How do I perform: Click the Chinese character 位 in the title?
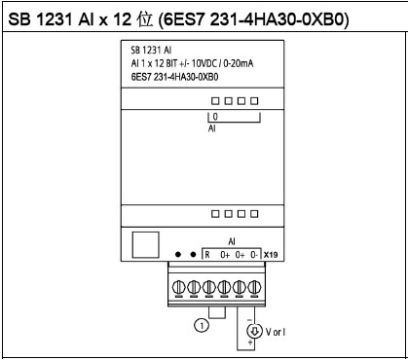point(144,19)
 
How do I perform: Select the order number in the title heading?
point(253,19)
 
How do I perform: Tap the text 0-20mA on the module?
point(239,63)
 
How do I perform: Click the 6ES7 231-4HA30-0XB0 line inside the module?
point(174,77)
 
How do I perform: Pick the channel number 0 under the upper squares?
point(215,116)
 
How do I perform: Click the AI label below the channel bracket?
point(212,128)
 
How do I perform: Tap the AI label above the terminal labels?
point(232,241)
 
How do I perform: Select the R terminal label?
point(207,255)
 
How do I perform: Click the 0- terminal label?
point(254,255)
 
